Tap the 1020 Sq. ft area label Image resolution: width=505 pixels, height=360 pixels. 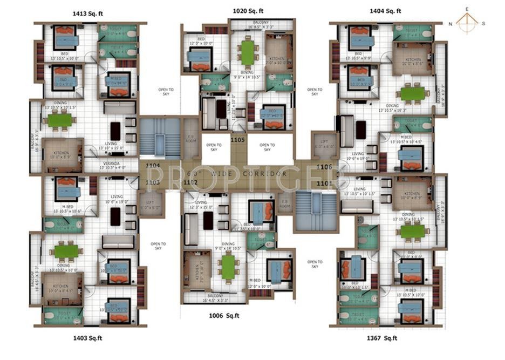[248, 10]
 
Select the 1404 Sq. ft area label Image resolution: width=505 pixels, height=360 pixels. [385, 10]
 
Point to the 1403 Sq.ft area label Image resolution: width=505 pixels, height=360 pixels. [87, 338]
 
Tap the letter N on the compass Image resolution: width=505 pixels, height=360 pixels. [450, 23]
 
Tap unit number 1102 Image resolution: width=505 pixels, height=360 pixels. [191, 182]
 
